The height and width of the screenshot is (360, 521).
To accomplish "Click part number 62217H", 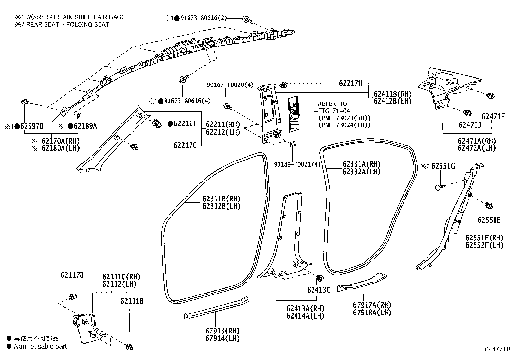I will click(350, 83).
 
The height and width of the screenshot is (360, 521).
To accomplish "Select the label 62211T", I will click(185, 123).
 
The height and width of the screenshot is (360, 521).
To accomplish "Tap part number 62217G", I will click(185, 146).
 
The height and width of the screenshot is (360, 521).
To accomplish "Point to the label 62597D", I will click(31, 126).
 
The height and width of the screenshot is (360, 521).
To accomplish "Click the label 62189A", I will click(85, 126).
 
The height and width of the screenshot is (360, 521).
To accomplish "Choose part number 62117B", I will click(72, 275).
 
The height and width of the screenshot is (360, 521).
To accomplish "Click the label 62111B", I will click(132, 301).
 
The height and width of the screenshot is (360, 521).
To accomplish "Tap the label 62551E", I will click(489, 220).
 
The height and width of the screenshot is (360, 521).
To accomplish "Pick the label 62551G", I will click(443, 166).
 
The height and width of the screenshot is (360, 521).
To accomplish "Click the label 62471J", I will click(470, 125).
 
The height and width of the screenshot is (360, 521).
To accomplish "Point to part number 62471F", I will click(493, 116).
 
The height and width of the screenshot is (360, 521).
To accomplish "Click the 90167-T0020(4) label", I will click(230, 85).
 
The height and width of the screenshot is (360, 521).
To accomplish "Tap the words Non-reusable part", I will click(40, 346).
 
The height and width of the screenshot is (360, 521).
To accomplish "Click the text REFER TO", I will click(332, 104).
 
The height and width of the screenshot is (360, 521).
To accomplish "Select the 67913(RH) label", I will click(223, 331).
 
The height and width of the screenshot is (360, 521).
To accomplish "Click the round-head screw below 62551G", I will click(440, 187).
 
